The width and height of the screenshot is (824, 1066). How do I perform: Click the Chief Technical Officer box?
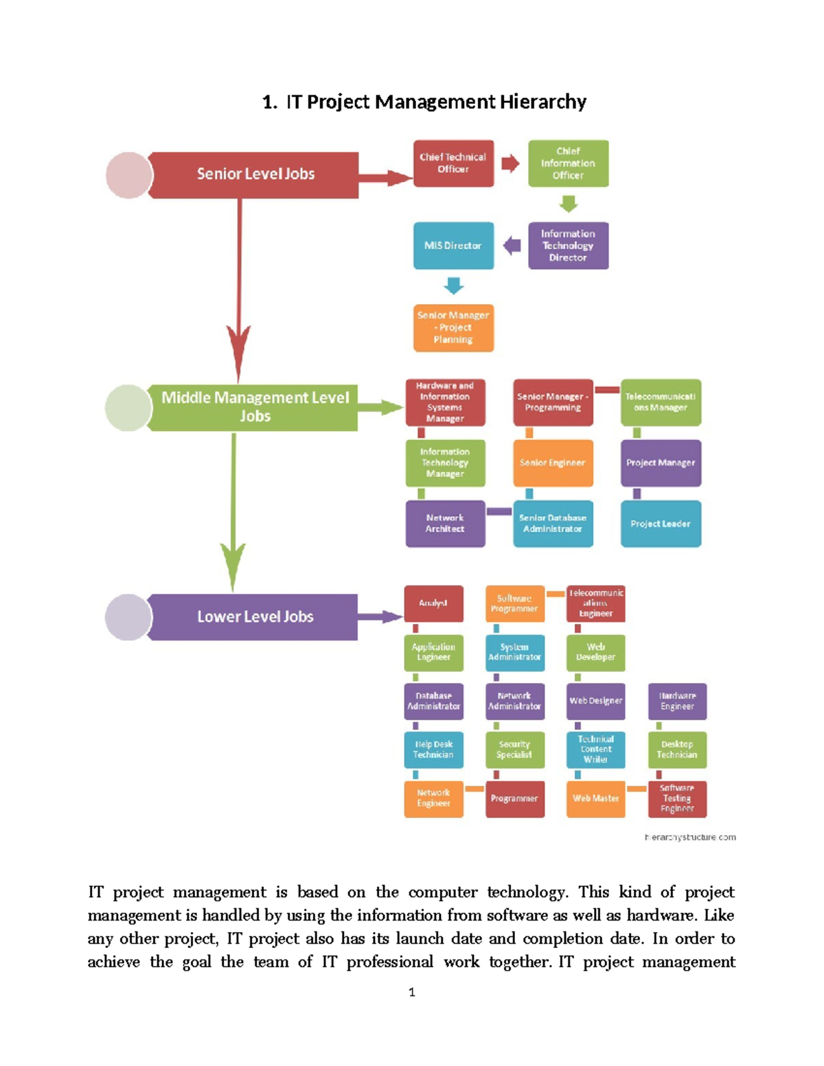453,163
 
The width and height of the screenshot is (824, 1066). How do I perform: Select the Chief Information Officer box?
568,163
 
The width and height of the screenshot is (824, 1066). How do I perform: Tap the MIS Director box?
453,245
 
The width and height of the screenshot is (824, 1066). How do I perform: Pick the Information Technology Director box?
568,245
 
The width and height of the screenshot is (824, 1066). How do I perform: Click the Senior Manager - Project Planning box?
453,327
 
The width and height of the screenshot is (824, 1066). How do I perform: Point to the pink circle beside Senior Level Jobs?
128,175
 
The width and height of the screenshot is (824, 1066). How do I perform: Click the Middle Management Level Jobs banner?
254,407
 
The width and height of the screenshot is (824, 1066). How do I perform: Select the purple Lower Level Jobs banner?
254,616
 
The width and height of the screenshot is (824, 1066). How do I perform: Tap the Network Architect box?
445,524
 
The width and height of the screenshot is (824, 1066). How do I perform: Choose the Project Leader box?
661,524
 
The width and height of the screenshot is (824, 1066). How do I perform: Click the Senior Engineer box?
553,463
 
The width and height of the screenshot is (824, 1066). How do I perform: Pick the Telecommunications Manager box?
661,402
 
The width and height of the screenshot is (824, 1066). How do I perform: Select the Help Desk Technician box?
433,750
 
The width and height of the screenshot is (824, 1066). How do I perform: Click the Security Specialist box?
514,750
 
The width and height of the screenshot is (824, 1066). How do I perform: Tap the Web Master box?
595,798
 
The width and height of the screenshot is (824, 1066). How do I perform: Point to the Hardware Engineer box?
677,701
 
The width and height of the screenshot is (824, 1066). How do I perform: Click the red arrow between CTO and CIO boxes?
510,163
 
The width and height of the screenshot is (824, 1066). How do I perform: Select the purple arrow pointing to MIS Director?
512,245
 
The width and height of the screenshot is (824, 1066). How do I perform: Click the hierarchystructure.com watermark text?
689,837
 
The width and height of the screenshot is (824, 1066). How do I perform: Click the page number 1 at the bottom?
411,992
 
